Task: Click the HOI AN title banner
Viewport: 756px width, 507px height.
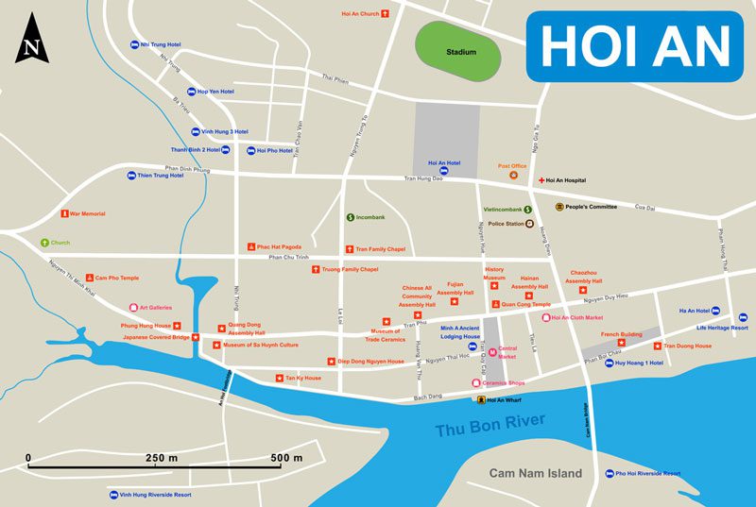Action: [x=636, y=44]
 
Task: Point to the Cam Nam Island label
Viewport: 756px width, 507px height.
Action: [x=535, y=473]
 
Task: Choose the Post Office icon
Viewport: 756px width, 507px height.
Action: [x=513, y=175]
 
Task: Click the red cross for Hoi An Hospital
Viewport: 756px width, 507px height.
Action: [x=541, y=179]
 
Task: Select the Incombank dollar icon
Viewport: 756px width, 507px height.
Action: [x=351, y=217]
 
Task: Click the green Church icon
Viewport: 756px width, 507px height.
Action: [x=43, y=243]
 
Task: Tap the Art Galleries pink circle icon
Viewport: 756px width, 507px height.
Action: [x=132, y=307]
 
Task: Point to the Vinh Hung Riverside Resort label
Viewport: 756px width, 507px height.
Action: [x=155, y=494]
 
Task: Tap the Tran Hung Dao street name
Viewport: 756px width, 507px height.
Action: [x=423, y=178]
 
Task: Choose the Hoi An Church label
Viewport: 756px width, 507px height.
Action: [x=360, y=14]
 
